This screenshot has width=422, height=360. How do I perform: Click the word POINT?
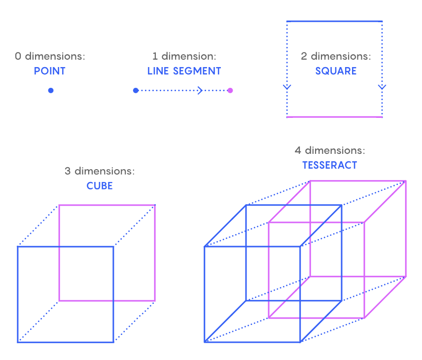click(x=49, y=71)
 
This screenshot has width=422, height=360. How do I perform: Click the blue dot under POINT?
click(x=51, y=90)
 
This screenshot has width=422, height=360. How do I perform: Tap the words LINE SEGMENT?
click(x=184, y=71)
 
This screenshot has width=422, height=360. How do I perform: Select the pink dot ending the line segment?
click(x=230, y=90)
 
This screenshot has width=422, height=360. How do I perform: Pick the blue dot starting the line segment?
click(x=136, y=90)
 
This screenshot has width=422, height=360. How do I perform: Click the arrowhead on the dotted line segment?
click(x=200, y=90)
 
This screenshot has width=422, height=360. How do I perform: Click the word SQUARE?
click(x=336, y=71)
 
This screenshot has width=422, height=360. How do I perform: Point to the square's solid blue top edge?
click(x=334, y=21)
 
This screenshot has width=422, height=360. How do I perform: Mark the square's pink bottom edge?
click(x=334, y=117)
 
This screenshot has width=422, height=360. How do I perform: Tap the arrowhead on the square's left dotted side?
click(x=287, y=87)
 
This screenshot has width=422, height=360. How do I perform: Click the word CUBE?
click(x=100, y=186)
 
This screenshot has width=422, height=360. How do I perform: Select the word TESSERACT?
click(x=329, y=165)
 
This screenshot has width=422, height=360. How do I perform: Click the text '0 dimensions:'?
click(x=50, y=56)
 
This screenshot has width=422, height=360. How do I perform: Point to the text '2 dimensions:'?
click(x=336, y=56)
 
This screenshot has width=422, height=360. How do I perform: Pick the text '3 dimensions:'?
click(x=100, y=172)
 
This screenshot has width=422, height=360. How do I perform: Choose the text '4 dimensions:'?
click(x=330, y=150)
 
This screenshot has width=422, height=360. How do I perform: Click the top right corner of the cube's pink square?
click(x=155, y=205)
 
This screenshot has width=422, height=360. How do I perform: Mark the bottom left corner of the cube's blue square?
click(x=18, y=342)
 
